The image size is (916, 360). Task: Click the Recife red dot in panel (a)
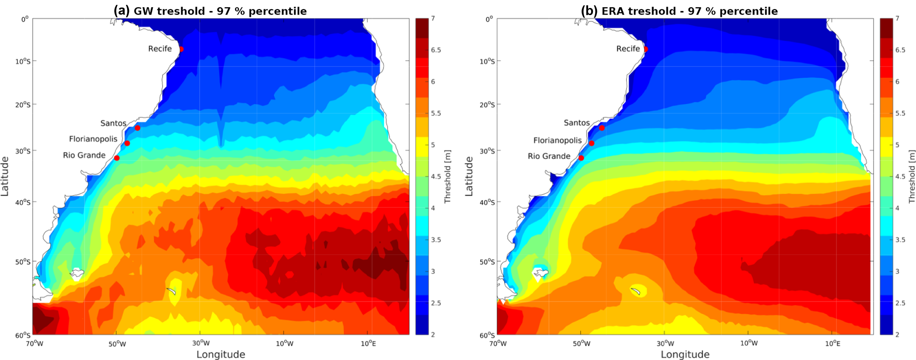click(x=181, y=49)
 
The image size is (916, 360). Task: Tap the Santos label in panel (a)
click(x=113, y=123)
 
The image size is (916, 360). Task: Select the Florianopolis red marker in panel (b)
click(x=592, y=143)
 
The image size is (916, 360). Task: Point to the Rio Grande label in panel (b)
click(x=549, y=156)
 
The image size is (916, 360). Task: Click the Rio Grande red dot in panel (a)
click(x=117, y=158)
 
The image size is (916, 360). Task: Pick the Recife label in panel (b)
click(x=628, y=49)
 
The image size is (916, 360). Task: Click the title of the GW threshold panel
click(x=210, y=11)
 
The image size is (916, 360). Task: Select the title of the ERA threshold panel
click(x=679, y=11)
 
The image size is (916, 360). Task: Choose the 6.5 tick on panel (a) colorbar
click(x=436, y=50)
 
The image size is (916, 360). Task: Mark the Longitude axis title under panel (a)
click(x=221, y=354)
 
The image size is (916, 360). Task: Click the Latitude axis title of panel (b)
click(x=469, y=176)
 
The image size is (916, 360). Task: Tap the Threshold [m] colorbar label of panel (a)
click(x=448, y=176)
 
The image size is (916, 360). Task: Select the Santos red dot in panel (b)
click(x=602, y=128)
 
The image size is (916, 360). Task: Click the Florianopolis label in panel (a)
click(x=93, y=139)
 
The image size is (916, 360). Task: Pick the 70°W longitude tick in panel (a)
click(x=34, y=343)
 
